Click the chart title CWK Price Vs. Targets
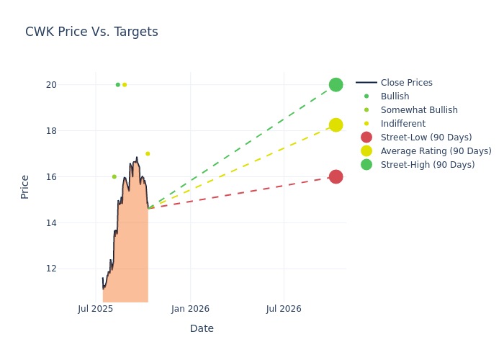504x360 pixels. pyautogui.click(x=91, y=32)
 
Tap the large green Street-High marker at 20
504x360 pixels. pyautogui.click(x=336, y=85)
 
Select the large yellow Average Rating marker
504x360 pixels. pyautogui.click(x=336, y=125)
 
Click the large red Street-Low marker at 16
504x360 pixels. pyautogui.click(x=336, y=176)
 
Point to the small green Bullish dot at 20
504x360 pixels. pyautogui.click(x=118, y=85)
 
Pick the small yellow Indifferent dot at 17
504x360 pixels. pyautogui.click(x=148, y=153)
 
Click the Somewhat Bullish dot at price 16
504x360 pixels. pyautogui.click(x=114, y=176)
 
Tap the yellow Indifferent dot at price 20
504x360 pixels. pyautogui.click(x=125, y=85)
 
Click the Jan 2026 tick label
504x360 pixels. pyautogui.click(x=190, y=309)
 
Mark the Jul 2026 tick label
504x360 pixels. pyautogui.click(x=284, y=309)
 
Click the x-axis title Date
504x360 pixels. pyautogui.click(x=202, y=329)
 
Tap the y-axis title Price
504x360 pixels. pyautogui.click(x=25, y=186)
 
